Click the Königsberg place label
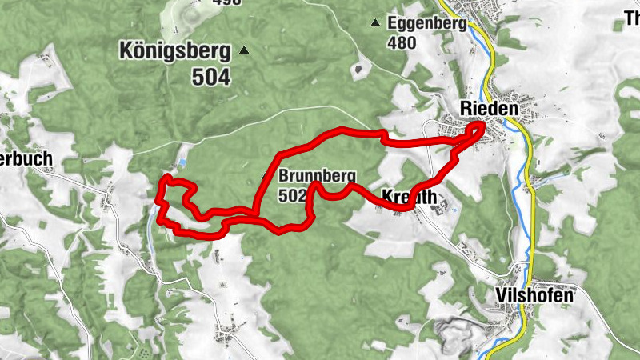click(x=174, y=51)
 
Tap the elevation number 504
click(x=210, y=77)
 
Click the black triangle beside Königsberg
click(x=245, y=51)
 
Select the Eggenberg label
click(x=426, y=23)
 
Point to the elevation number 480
click(x=402, y=42)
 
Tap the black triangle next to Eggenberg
click(x=374, y=23)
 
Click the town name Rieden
click(x=489, y=108)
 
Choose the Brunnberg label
click(x=316, y=177)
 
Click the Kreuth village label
click(x=410, y=197)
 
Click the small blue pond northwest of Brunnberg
click(x=182, y=162)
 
